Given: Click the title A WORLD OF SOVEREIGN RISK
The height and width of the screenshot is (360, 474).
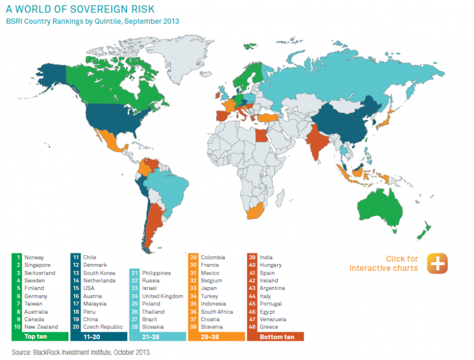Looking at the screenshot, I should [x=80, y=9].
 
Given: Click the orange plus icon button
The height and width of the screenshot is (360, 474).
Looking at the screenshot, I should [x=437, y=263].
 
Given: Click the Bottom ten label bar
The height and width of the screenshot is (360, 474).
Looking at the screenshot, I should [x=275, y=337].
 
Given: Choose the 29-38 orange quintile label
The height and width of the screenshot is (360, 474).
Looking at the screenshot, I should [x=216, y=337].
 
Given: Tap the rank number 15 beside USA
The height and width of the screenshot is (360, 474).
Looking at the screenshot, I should [x=76, y=288].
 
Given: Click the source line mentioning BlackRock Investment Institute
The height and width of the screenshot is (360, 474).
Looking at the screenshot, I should [x=81, y=352].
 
